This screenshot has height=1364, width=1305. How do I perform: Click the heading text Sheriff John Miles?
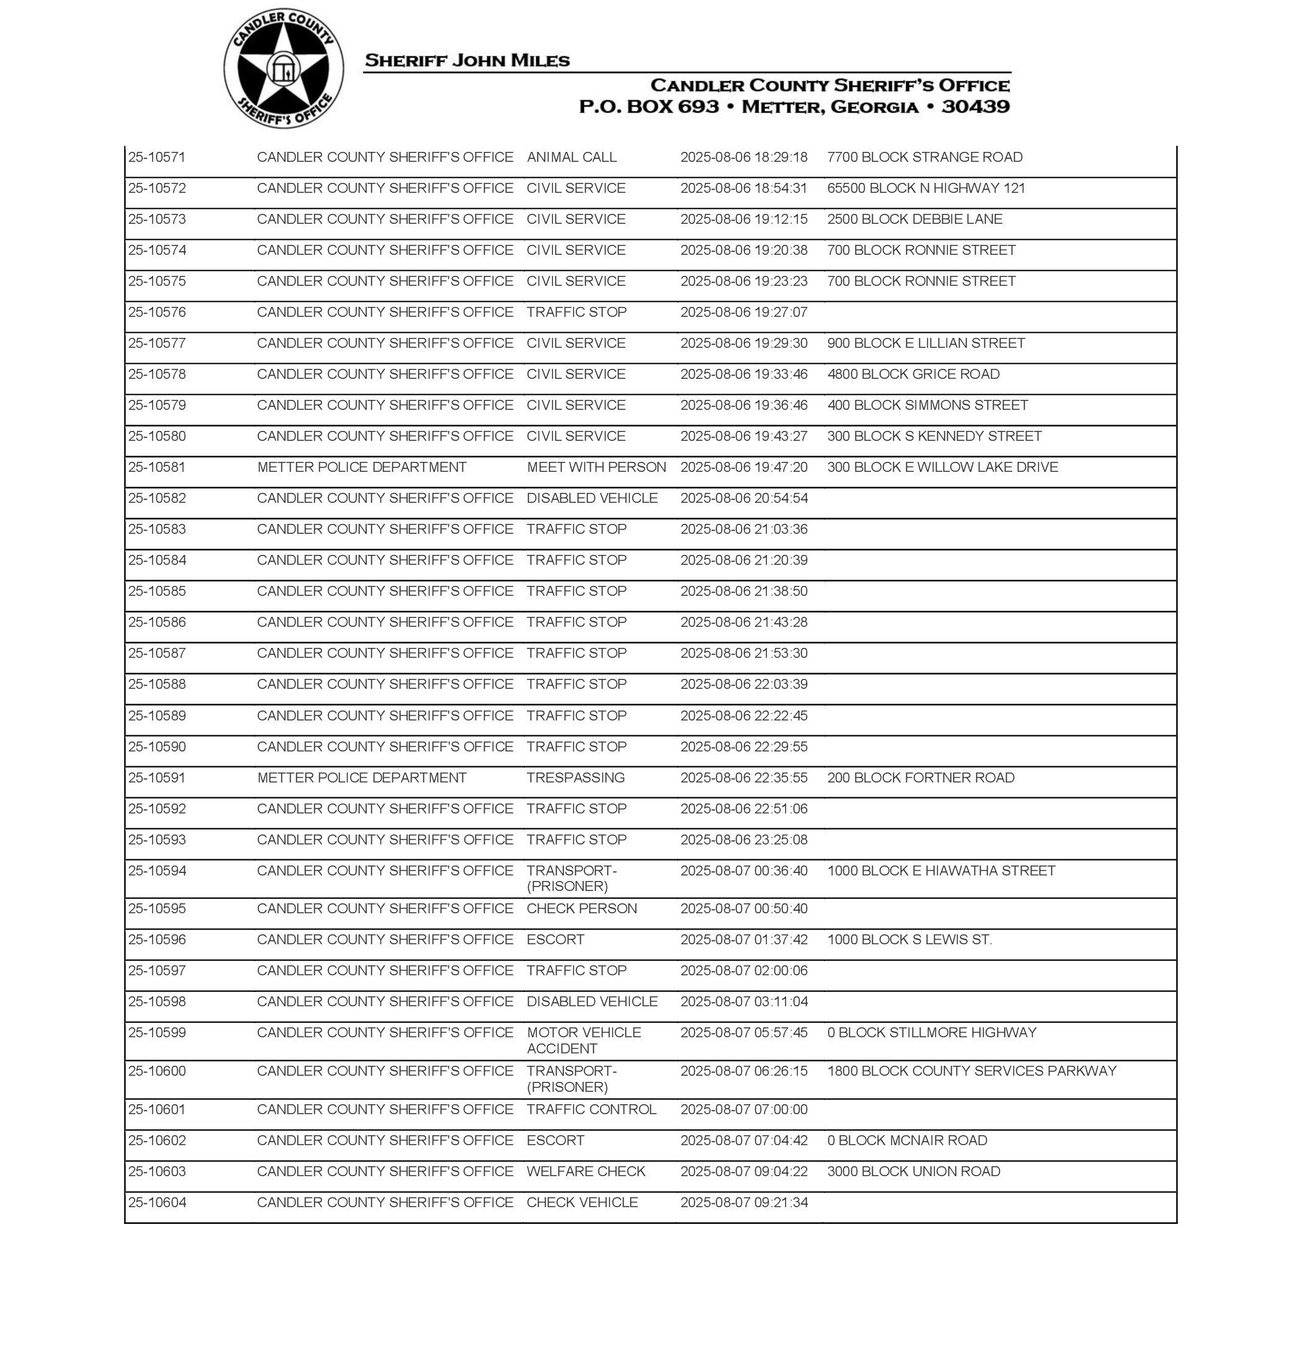click(467, 61)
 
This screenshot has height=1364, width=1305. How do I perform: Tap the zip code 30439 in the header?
click(975, 107)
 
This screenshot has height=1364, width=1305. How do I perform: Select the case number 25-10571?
click(157, 157)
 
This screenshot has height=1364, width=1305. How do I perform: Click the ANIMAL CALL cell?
click(571, 157)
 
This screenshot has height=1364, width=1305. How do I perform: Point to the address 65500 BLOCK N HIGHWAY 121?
click(926, 188)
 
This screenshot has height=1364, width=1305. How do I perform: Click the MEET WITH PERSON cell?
click(596, 467)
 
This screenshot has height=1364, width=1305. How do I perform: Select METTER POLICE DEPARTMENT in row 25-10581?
click(361, 467)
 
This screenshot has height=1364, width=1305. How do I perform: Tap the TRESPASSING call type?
click(575, 777)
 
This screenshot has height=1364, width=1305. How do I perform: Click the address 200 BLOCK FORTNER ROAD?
click(920, 777)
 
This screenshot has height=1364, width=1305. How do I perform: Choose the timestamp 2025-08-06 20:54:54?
click(743, 498)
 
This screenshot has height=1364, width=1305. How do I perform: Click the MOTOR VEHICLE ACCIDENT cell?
click(583, 1040)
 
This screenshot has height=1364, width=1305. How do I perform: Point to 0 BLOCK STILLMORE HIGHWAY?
click(931, 1033)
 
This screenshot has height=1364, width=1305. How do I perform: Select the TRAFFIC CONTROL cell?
click(591, 1109)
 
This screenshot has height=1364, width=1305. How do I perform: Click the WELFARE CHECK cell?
click(586, 1171)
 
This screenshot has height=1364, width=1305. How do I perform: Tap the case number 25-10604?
click(157, 1203)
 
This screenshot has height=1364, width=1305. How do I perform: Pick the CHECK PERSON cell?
click(582, 908)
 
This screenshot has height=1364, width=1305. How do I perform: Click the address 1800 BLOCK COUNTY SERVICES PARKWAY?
click(971, 1071)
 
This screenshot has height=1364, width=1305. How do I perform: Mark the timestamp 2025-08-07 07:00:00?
click(743, 1109)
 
